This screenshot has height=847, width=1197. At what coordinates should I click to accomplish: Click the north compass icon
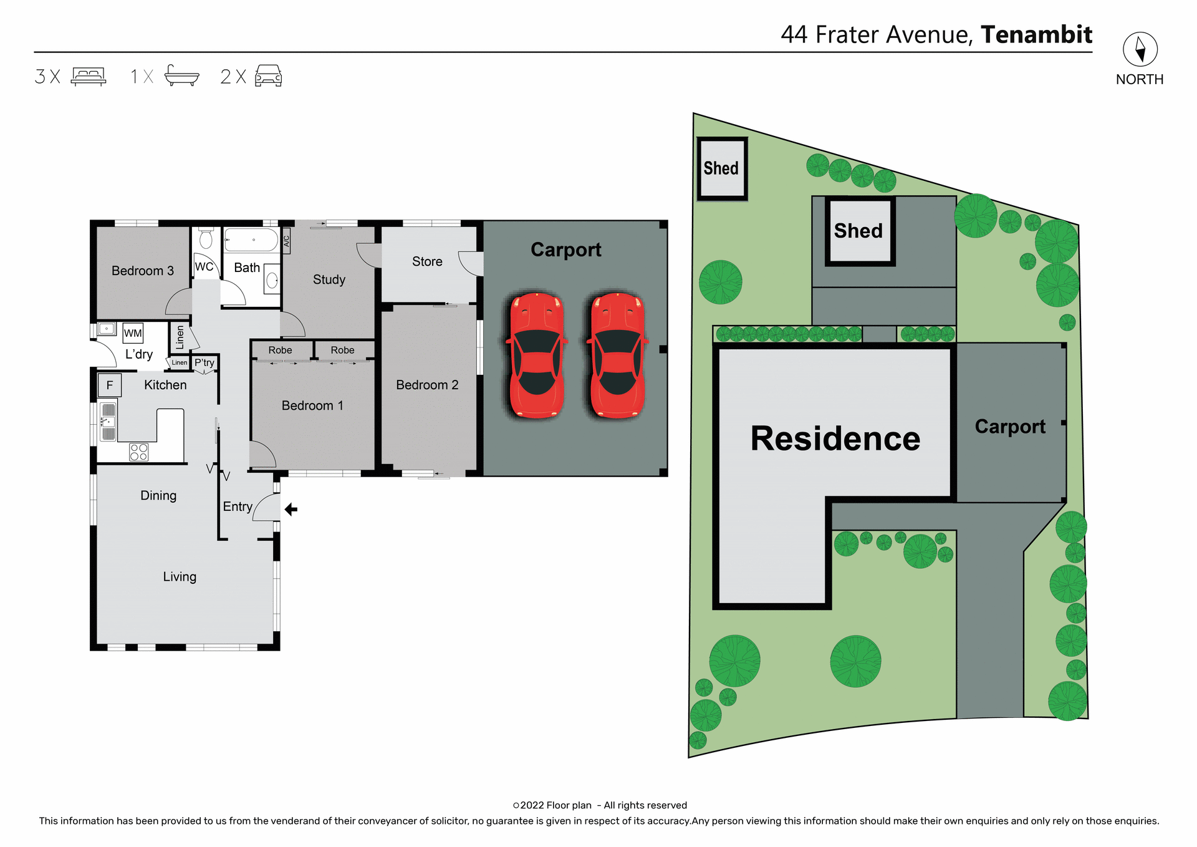coord(1140,49)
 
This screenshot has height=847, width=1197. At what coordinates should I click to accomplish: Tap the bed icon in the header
coord(89,76)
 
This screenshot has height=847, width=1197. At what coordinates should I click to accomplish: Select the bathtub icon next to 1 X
coord(181,75)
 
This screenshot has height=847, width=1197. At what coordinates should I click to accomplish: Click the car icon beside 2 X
coord(269,76)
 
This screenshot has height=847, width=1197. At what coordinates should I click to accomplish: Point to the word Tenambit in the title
coord(1036,34)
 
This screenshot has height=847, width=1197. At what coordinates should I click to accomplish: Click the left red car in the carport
coord(537,355)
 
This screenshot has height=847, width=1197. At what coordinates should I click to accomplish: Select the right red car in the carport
coord(617,355)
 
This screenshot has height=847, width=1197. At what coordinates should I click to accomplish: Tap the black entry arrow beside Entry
coord(291,510)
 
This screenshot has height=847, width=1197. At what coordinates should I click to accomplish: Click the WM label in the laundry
coord(133,333)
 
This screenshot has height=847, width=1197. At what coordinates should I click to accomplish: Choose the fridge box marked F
coord(110,385)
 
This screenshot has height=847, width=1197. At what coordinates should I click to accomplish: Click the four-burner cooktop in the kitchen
coord(138,452)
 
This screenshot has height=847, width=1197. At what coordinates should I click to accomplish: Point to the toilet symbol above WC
coord(206,239)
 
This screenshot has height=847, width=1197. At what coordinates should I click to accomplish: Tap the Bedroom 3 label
coord(142,271)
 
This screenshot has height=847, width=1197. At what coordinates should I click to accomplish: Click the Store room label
coord(427,262)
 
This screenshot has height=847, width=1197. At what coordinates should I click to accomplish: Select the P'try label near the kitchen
coord(204,362)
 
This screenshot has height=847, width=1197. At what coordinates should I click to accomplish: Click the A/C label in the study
coord(287,240)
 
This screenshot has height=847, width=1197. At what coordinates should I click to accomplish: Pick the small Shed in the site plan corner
coord(721,168)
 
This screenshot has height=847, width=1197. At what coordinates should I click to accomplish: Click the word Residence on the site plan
coord(835,438)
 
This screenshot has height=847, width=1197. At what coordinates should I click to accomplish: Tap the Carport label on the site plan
coord(1009,427)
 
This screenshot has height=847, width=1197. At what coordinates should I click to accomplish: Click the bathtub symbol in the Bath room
coord(251,240)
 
